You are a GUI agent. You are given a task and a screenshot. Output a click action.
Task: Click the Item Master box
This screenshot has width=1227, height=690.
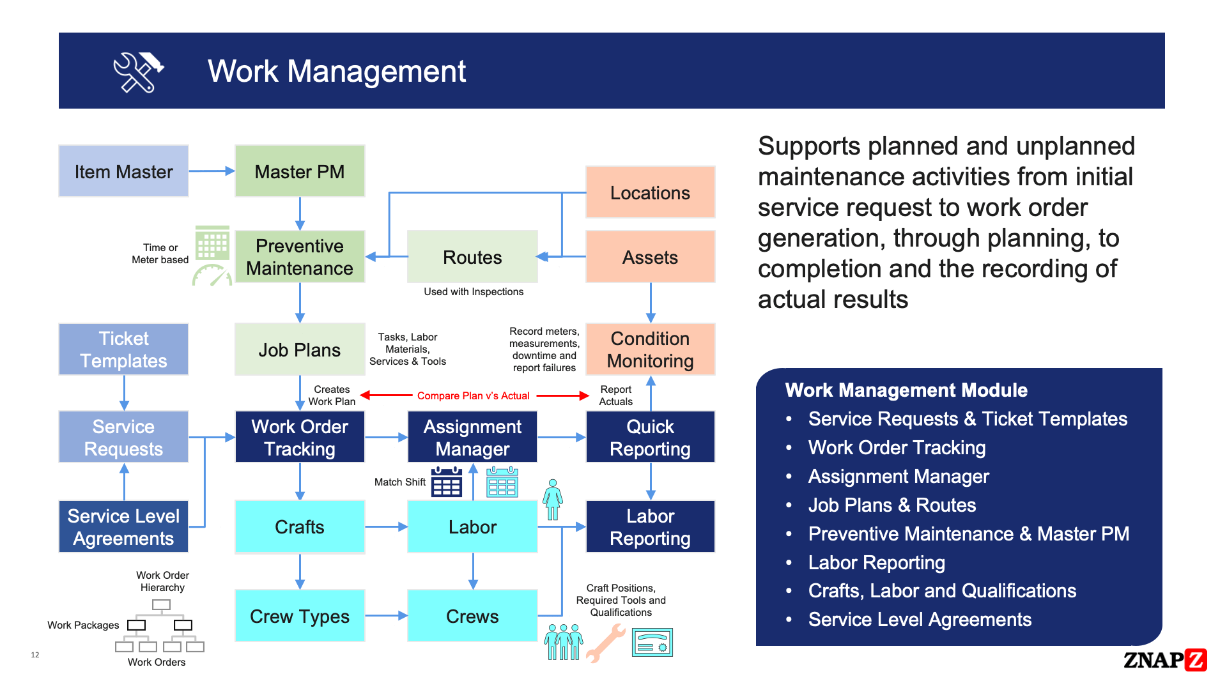123,171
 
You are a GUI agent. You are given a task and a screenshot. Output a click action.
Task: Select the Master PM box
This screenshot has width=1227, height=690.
299,171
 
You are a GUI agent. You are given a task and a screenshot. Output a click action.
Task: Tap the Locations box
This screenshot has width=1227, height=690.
650,192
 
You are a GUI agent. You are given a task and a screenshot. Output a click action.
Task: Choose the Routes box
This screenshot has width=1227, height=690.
472,257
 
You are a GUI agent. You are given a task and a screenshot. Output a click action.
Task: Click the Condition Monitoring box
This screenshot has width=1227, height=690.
650,349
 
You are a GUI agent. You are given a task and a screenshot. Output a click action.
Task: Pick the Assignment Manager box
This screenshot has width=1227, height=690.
472,437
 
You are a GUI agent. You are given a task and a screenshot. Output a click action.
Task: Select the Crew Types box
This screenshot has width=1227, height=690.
299,616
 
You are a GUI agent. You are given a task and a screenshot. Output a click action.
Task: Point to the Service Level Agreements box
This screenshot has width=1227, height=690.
123,526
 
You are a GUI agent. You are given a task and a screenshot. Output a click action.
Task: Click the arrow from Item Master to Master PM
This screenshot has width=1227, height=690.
212,171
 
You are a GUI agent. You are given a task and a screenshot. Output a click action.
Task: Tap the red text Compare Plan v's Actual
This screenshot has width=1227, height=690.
473,395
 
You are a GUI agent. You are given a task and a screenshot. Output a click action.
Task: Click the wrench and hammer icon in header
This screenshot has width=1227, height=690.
138,72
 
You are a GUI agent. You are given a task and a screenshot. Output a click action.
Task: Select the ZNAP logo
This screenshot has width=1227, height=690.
1164,659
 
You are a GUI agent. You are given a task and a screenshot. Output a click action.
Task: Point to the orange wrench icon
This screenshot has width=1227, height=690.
605,643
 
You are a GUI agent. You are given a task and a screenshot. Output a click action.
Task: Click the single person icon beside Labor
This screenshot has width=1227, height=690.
553,499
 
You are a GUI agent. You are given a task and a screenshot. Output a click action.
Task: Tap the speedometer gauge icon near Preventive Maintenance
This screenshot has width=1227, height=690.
212,276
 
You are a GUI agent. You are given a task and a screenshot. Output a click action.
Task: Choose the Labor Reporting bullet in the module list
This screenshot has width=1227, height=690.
876,562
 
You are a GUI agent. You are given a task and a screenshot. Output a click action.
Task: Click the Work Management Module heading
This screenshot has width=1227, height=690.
906,390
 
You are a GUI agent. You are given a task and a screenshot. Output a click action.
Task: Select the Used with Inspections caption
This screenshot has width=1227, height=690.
474,292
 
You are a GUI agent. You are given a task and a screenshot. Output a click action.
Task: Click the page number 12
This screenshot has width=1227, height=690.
35,655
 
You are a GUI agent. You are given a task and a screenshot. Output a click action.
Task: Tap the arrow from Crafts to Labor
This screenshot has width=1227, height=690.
386,527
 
